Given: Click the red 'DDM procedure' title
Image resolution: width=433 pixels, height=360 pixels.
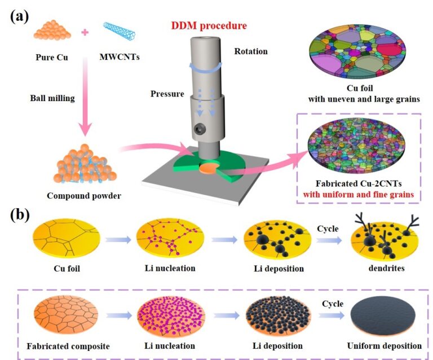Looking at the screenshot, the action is pos(209,25).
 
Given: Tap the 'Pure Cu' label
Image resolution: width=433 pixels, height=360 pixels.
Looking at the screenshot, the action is pos(52,57).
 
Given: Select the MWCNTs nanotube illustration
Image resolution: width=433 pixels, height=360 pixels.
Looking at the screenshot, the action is pos(120,30).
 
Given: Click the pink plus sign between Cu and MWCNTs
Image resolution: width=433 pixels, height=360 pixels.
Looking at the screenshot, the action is pos(85,32).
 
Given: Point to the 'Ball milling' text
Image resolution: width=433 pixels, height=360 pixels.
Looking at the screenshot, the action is pos(52,98).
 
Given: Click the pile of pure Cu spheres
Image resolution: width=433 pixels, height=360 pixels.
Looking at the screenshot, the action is pos(52,30).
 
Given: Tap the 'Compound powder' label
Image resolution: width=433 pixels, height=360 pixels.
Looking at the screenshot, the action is pos(84,196).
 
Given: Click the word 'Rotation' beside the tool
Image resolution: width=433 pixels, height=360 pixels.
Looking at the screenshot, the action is pos(251,51).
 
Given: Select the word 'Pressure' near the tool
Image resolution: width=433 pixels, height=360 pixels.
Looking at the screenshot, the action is pos(167,94).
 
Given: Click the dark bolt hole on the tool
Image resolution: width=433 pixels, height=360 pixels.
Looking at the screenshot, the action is pos(199,129).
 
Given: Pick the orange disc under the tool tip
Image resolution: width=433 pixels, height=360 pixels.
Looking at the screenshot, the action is pos(209,168).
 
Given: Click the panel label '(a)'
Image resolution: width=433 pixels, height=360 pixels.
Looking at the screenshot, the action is pos(19,16).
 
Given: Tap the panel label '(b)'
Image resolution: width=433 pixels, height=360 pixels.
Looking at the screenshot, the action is pos(20,215).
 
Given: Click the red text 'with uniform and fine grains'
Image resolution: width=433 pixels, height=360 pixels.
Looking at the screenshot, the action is pos(359,195).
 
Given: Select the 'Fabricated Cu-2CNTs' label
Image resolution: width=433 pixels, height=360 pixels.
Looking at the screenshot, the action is pos(359,184).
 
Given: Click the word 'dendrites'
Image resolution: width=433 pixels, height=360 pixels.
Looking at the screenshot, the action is pos(386,268).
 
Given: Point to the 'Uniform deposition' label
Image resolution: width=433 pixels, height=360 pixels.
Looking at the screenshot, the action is pos(384,346).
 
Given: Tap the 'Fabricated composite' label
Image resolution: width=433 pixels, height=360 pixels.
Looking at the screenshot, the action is pos(68,346).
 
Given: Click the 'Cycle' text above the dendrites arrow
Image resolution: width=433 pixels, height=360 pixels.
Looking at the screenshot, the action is pos(328,229).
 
